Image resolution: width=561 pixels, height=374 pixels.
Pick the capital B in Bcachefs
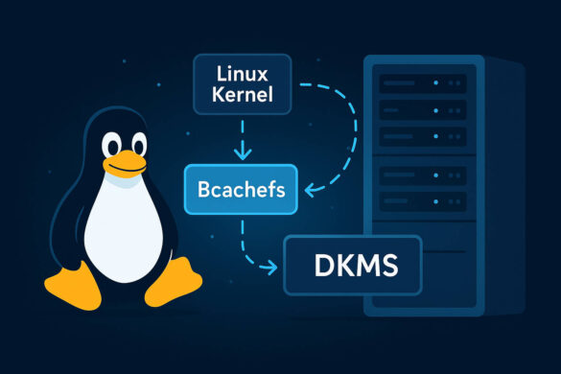[202, 188]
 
